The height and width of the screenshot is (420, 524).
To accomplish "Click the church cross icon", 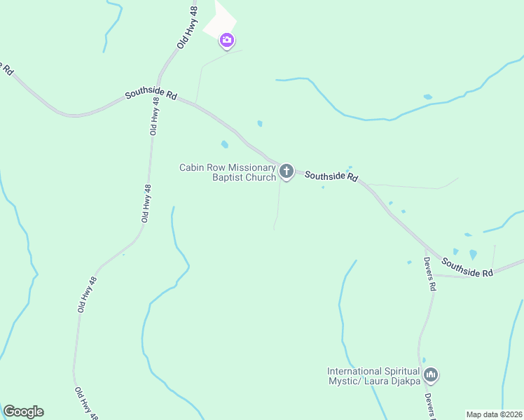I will pos(286,170).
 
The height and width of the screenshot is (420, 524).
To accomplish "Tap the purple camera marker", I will pos(226,41).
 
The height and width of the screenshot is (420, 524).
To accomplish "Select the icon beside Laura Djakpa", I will pos(431,375).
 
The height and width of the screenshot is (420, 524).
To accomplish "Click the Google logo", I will pos(23,412).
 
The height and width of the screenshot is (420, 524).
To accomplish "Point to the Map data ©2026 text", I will pos(494,414).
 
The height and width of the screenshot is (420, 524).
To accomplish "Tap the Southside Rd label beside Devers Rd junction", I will pos(467,268).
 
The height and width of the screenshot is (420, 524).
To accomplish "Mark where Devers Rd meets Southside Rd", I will pos(426,249).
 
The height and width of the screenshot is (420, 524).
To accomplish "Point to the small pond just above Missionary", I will pos(225,145).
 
